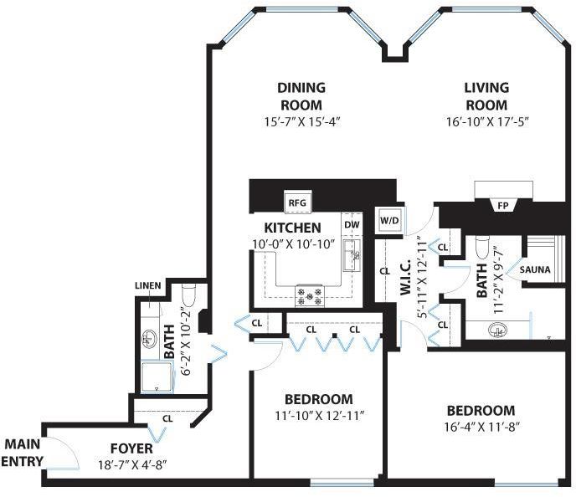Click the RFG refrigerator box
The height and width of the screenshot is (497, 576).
pos(298,202)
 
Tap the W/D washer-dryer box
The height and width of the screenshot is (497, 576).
pos(389,221)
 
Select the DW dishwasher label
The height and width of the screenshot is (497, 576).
pos(352,224)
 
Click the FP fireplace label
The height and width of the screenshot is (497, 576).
pos(503,206)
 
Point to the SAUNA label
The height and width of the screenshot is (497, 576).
pos(535,269)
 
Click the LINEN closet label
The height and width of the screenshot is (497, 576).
pos(147,285)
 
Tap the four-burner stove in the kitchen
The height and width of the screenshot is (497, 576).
pos(310,296)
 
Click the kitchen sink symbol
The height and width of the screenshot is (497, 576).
pos(352,256)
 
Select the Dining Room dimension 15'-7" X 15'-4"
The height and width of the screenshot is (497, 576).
pos(303,121)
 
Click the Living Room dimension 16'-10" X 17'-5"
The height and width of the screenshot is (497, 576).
pos(487,121)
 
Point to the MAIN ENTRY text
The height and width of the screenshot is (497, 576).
pos(22,453)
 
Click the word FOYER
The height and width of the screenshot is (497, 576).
pos(131,448)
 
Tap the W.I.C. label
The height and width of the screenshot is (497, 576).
pos(405,278)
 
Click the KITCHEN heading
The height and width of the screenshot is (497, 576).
pos(292,228)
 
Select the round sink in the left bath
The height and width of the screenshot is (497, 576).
pos(149,339)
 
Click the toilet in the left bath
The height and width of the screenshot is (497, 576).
pos(189,295)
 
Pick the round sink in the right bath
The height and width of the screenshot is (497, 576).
pos(497,330)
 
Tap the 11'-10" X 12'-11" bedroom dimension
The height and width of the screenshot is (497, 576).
pos(319,416)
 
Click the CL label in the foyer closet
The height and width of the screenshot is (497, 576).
pos(167,418)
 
